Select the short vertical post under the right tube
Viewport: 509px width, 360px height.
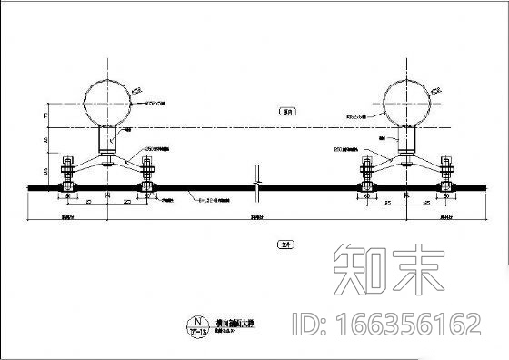407,141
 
